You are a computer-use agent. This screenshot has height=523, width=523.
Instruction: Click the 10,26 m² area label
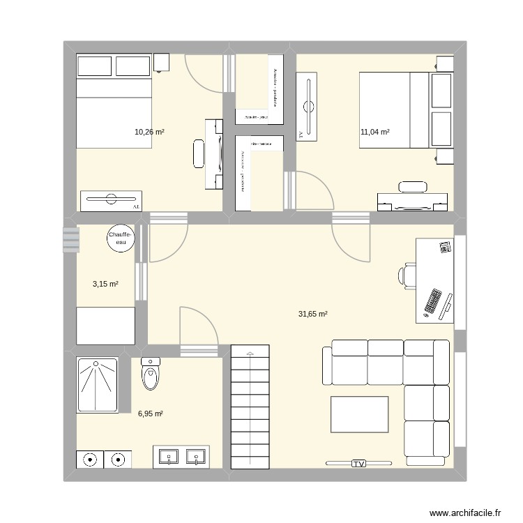[150, 132]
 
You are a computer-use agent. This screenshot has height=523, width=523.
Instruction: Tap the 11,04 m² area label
[374, 132]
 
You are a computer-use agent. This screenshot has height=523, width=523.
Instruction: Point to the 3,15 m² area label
[105, 284]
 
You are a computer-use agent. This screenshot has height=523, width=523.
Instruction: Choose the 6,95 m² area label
[150, 414]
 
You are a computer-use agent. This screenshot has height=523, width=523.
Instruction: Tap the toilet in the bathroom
[151, 374]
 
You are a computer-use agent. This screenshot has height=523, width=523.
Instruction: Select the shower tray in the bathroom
[97, 385]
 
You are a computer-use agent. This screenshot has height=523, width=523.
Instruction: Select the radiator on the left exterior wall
[70, 239]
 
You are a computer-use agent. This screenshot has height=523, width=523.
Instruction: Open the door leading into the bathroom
[199, 328]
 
